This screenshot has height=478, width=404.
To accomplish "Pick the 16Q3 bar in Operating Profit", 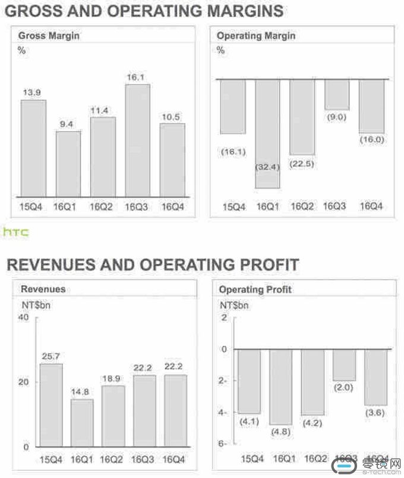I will (344, 365).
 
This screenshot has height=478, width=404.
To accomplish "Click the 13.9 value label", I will (33, 93).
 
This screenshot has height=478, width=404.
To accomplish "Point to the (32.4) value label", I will (267, 167).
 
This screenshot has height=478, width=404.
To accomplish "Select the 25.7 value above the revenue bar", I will (50, 356).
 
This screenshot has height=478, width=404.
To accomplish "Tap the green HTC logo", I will (16, 232).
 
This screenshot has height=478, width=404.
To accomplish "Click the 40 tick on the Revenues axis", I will (23, 318).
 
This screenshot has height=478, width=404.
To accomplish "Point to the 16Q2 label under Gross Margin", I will (102, 206).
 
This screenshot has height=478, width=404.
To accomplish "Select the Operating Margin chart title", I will (255, 36).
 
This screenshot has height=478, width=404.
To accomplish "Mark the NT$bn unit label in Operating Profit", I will (234, 305).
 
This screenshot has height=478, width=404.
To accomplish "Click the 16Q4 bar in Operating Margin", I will (371, 106).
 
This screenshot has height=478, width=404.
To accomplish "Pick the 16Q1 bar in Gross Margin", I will (68, 164).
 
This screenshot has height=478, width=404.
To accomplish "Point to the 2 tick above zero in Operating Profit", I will (224, 318).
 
